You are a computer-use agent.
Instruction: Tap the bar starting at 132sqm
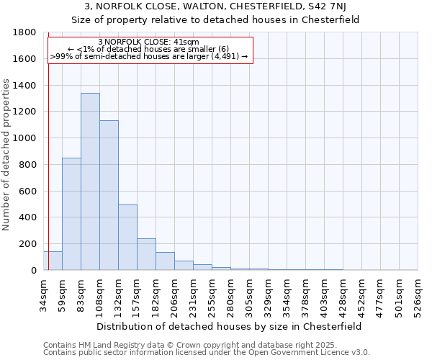[127, 238]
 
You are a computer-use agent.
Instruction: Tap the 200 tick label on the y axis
[30, 244]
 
